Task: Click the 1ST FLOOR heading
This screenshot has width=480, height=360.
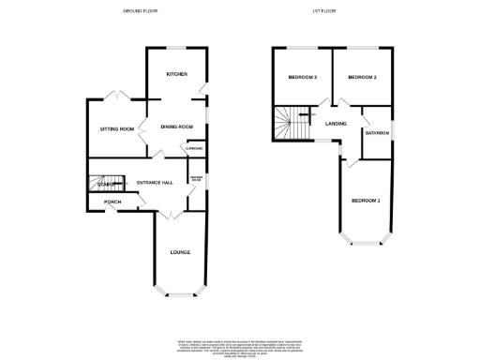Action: click(x=324, y=11)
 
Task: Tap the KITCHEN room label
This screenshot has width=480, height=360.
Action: click(x=176, y=74)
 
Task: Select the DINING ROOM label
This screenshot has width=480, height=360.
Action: click(x=176, y=127)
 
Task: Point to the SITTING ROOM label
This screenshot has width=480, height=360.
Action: click(x=117, y=128)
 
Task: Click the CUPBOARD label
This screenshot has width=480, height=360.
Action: click(x=195, y=149)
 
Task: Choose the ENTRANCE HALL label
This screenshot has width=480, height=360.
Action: click(x=155, y=182)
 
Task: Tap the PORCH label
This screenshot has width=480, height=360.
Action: click(x=112, y=202)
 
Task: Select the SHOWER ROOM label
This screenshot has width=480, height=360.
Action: click(x=197, y=178)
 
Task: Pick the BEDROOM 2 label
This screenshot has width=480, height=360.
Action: click(x=362, y=77)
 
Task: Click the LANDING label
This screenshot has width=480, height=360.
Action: click(x=336, y=123)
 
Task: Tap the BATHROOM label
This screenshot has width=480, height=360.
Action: click(x=377, y=133)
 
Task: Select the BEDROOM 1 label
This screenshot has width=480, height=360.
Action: click(x=366, y=201)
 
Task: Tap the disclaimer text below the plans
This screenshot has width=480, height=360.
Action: click(x=240, y=345)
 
